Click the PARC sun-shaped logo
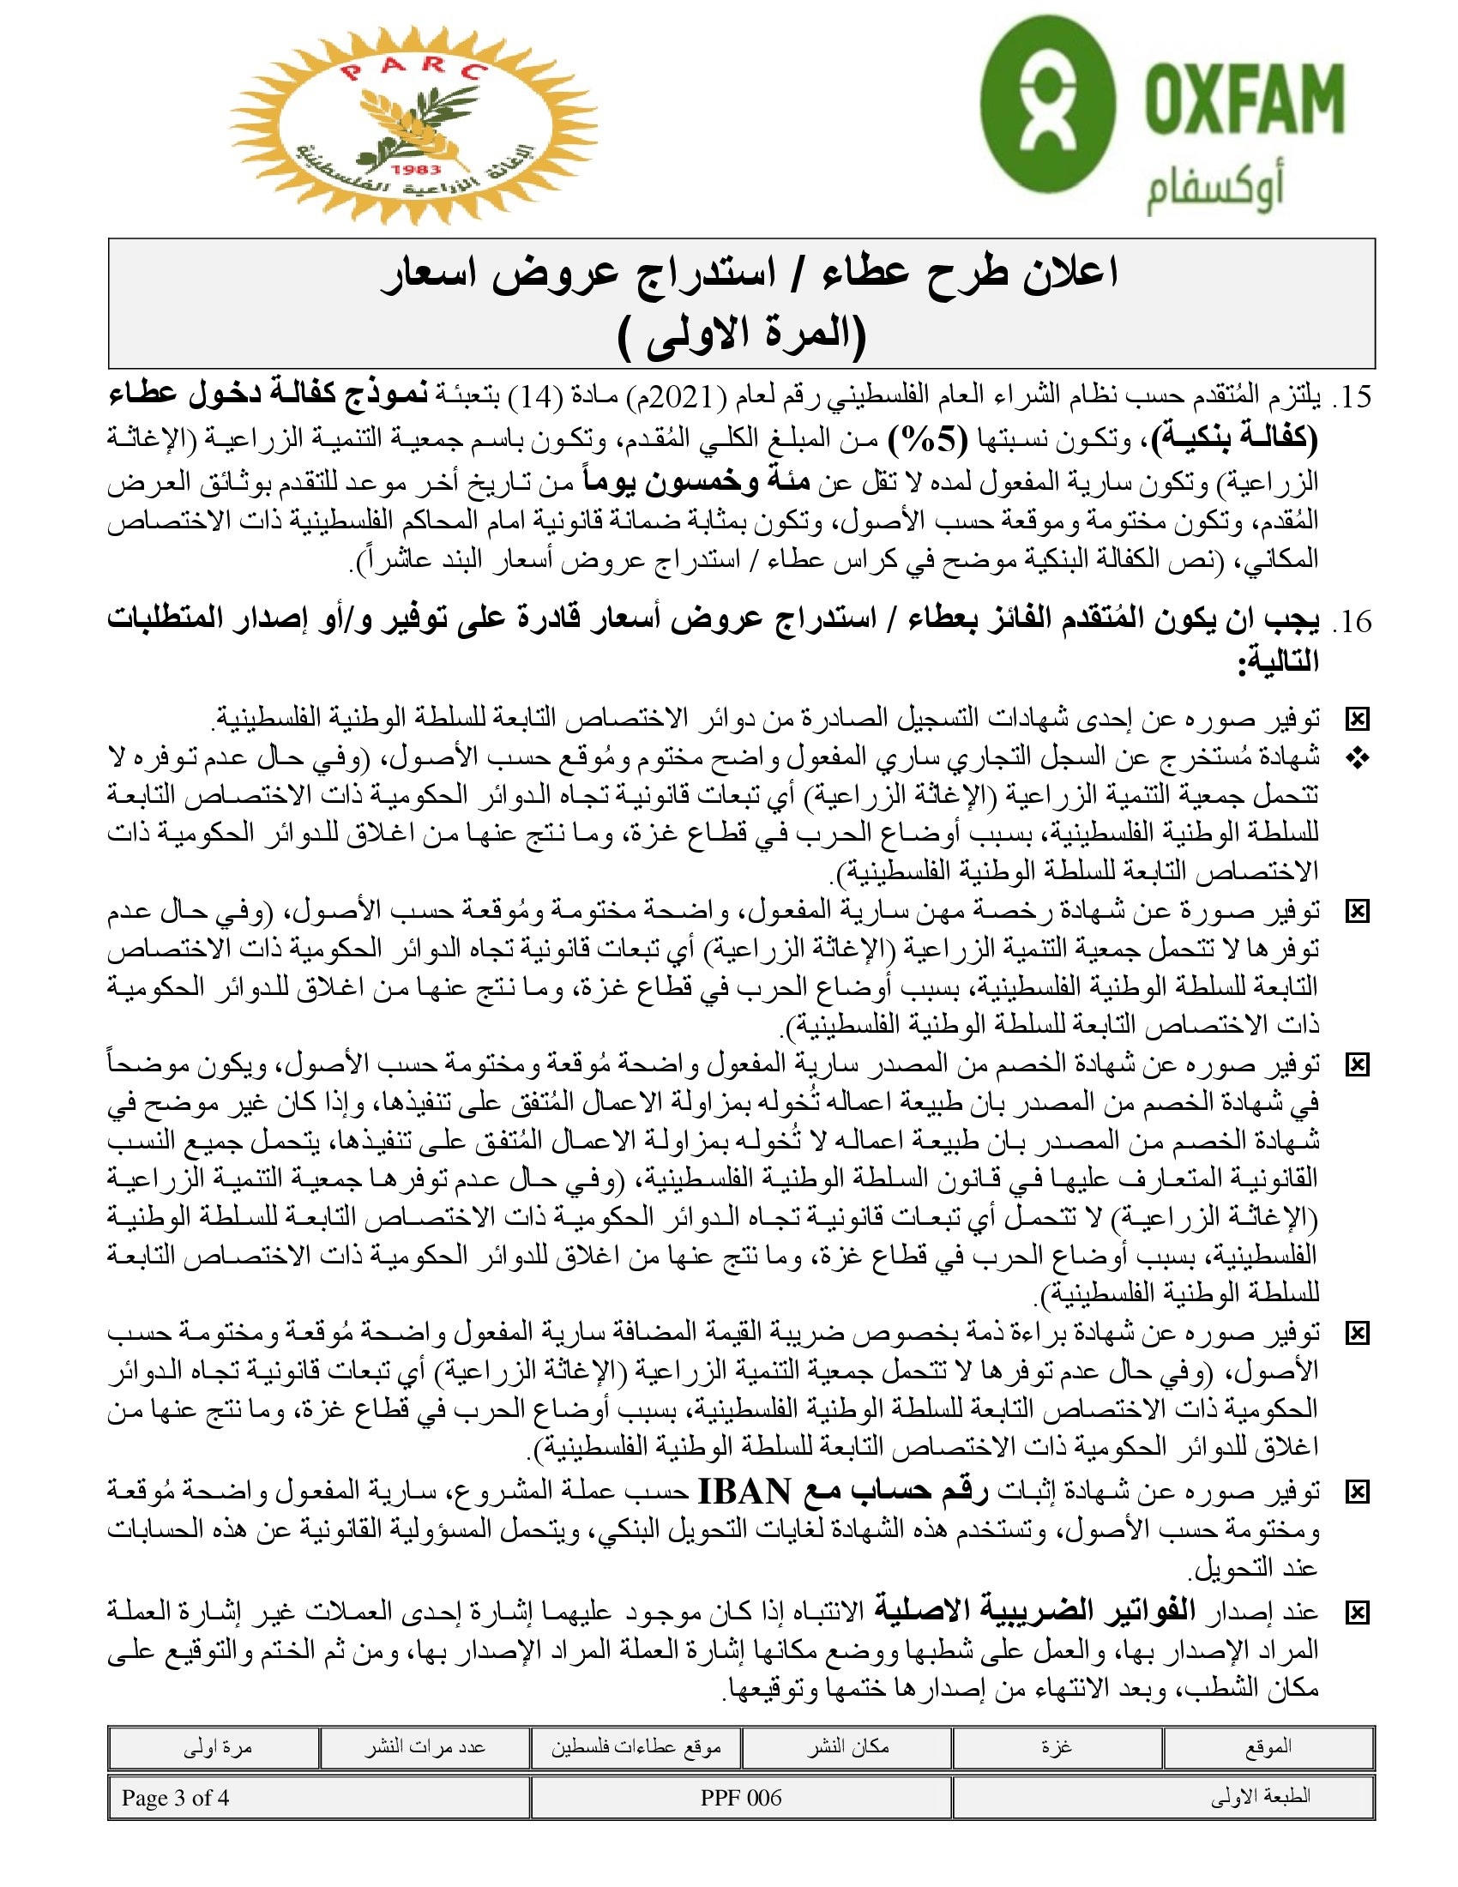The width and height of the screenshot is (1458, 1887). pos(413,125)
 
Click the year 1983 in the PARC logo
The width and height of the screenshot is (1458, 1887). pos(415,170)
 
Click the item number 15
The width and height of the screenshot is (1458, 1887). pos(1353,397)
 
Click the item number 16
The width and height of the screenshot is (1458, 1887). pos(1353,621)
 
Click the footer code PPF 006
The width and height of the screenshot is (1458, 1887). pos(740,1798)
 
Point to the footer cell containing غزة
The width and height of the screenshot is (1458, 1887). pos(1057,1747)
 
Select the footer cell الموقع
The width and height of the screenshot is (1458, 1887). pos(1268,1747)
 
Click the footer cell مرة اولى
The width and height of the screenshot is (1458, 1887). pos(217,1747)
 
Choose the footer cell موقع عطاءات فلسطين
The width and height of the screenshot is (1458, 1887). pos(636,1747)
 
